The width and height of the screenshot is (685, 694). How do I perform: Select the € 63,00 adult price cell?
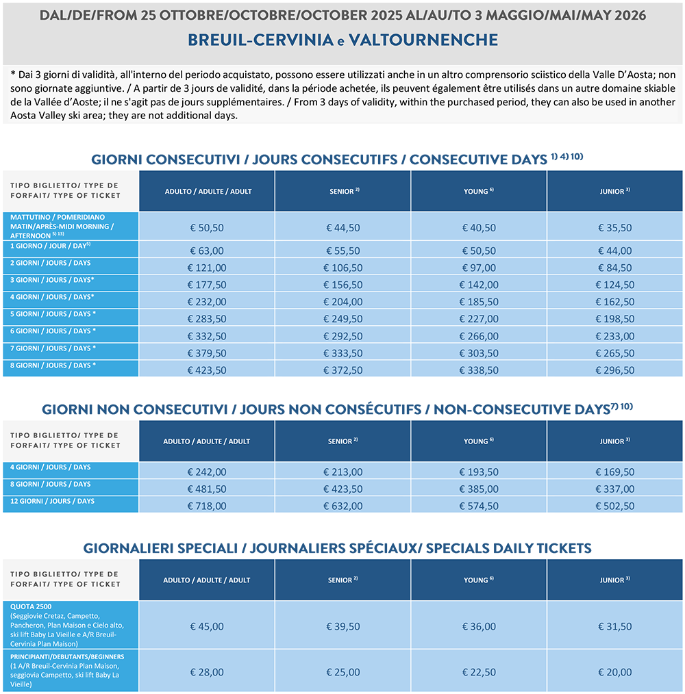pyautogui.click(x=206, y=251)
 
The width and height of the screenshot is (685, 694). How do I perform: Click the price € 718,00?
pyautogui.click(x=206, y=506)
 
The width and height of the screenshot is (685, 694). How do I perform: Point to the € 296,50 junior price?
pyautogui.click(x=615, y=370)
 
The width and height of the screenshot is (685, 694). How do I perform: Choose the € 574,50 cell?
pyautogui.click(x=479, y=506)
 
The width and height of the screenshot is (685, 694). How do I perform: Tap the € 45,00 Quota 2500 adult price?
pyautogui.click(x=206, y=626)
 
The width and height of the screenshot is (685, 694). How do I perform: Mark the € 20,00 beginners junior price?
pyautogui.click(x=615, y=672)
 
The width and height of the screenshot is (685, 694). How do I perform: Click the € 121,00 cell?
pyautogui.click(x=206, y=268)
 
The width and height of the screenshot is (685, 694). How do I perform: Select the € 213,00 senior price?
pyautogui.click(x=342, y=472)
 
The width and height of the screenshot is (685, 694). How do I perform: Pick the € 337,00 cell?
pyautogui.click(x=615, y=489)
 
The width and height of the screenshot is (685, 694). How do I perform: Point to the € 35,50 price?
pyautogui.click(x=615, y=228)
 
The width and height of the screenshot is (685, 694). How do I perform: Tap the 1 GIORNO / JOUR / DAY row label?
pyautogui.click(x=45, y=245)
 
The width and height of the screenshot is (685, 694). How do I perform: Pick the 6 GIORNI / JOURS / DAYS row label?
pyautogui.click(x=52, y=331)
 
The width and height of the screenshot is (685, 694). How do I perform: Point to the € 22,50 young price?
pyautogui.click(x=479, y=672)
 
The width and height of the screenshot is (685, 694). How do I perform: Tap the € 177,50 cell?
pyautogui.click(x=206, y=285)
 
